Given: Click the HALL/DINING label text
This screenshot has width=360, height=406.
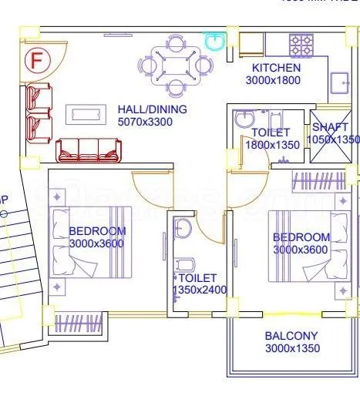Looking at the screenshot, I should pos(152,109).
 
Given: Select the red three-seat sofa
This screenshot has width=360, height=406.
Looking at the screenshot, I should pos(87,149).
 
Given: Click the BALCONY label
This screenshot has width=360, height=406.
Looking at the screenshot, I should pos(291,336).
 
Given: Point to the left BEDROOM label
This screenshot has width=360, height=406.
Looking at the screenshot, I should pos(96,231).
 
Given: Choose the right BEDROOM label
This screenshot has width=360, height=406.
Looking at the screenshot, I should pos(301,237).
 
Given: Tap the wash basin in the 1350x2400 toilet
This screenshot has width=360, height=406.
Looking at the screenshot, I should pos(182,228).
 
